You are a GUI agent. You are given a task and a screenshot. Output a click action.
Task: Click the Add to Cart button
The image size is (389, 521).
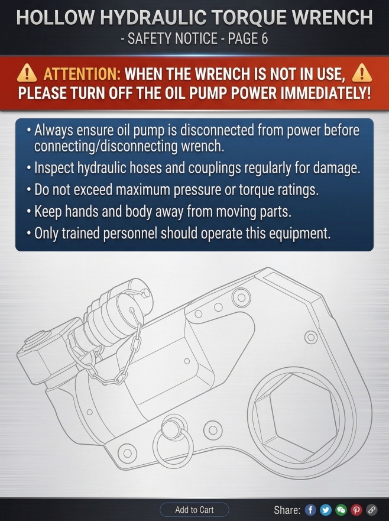click(194, 509)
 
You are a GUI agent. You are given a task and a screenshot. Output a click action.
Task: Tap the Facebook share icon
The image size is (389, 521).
click(310, 510)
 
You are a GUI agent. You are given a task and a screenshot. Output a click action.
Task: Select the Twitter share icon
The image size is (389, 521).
click(326, 510)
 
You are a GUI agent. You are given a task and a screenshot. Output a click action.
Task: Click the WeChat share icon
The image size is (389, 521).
click(341, 510)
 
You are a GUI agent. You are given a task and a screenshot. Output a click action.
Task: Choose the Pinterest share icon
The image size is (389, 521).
click(356, 510)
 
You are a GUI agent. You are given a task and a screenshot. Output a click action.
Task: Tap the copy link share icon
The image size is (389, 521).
click(371, 510)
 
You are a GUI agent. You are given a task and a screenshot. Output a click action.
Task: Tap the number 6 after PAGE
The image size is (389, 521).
click(264, 39)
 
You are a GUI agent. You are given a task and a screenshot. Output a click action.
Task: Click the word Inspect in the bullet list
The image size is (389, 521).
click(54, 168)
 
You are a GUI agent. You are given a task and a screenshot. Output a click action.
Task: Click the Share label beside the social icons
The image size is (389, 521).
click(287, 510)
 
